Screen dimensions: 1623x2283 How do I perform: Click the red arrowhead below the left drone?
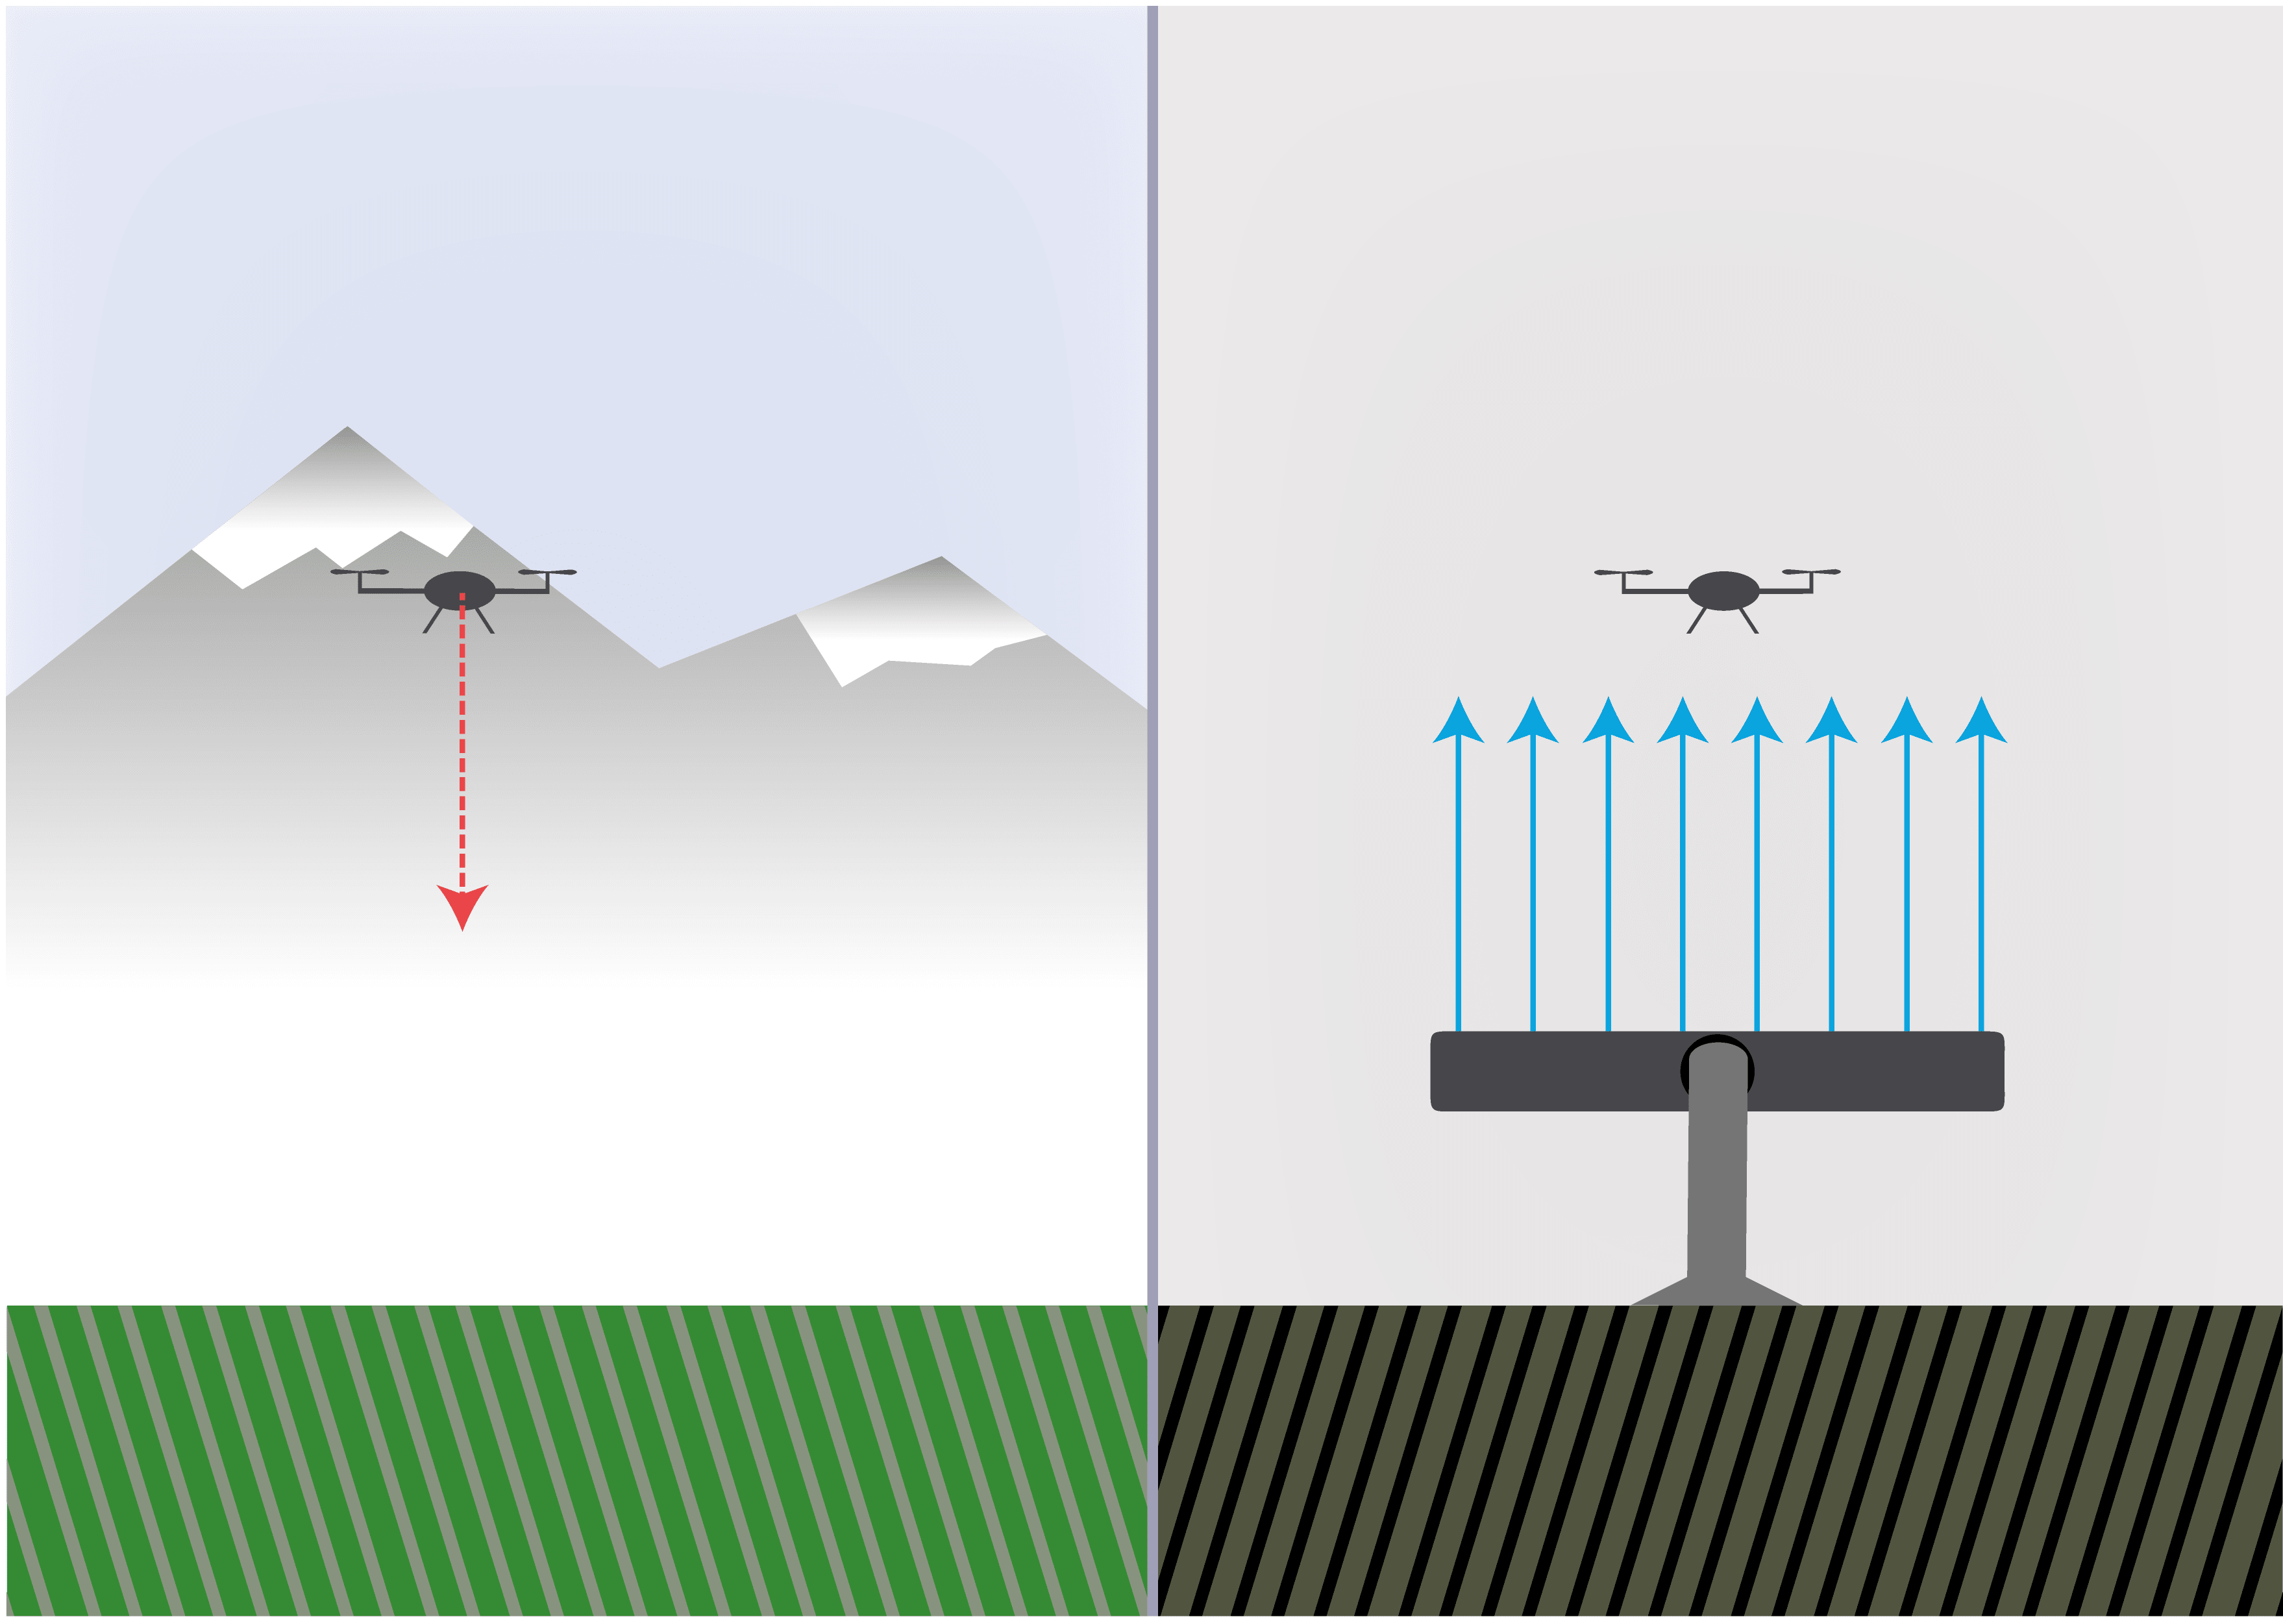point(462,904)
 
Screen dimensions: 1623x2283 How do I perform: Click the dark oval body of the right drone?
point(1723,589)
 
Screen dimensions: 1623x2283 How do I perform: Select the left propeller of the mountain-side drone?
point(360,572)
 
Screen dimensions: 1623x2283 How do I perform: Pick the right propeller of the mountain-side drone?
point(547,572)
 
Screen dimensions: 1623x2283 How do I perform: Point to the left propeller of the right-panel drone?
point(1623,572)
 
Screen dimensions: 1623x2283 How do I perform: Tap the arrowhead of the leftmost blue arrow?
point(1458,721)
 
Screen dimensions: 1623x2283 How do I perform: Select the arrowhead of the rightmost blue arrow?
point(1981,721)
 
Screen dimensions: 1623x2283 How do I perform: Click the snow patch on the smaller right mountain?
point(899,639)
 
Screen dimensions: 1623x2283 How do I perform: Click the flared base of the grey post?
point(1716,1291)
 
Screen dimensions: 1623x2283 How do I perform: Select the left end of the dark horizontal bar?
point(1444,1071)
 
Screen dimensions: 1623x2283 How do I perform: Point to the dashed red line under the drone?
point(462,750)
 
